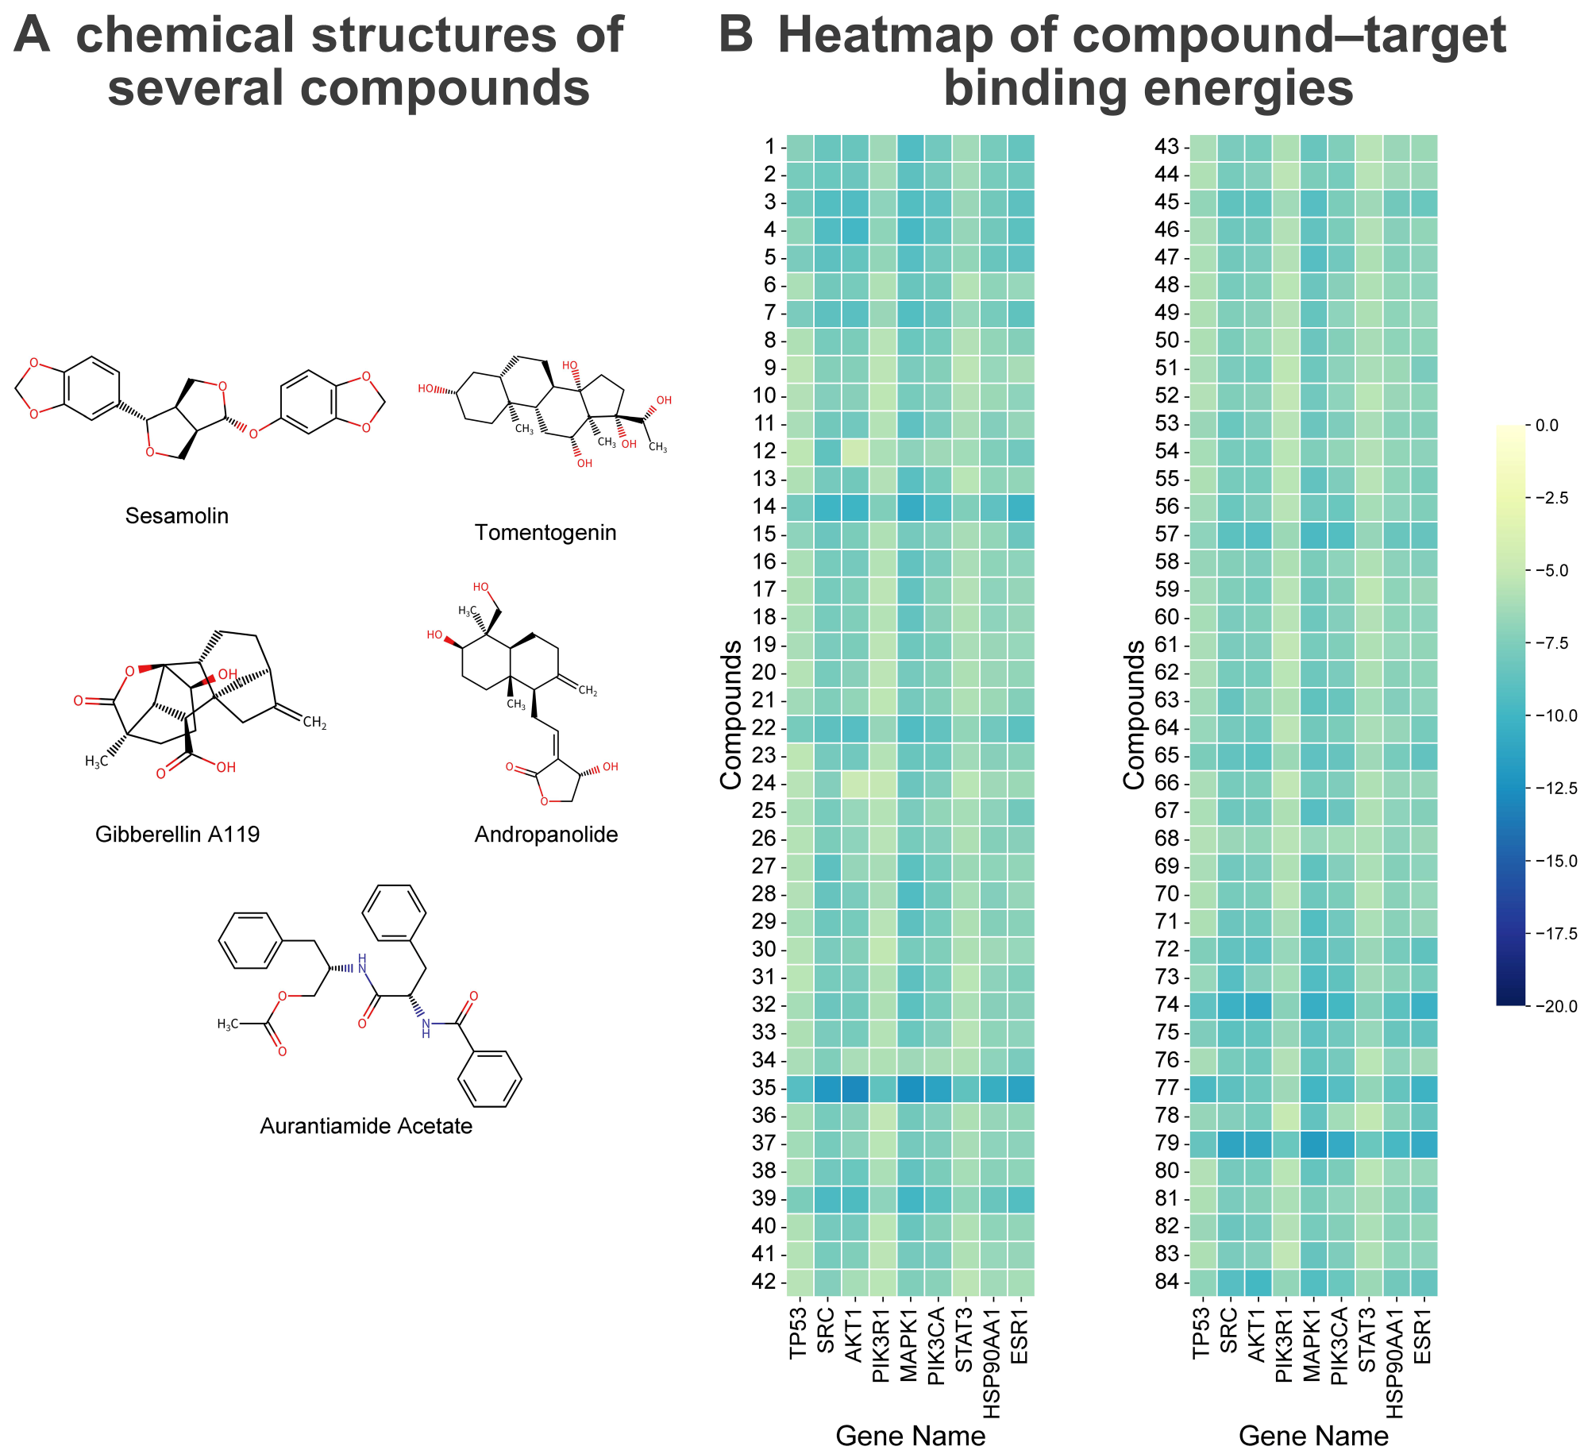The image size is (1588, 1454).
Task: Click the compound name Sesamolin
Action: point(177,516)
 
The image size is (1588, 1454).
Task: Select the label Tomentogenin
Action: point(545,533)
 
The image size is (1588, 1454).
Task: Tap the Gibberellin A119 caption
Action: point(177,835)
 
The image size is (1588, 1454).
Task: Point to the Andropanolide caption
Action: point(545,835)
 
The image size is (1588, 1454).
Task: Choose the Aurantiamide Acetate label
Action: point(366,1126)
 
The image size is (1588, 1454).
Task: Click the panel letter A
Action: point(32,36)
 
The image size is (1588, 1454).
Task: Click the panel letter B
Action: point(735,36)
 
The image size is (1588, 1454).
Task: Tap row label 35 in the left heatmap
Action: point(764,1088)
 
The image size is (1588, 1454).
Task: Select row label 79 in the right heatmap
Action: point(1166,1144)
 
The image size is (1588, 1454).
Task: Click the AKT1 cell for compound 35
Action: point(855,1088)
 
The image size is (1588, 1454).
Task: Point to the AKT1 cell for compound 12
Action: point(855,451)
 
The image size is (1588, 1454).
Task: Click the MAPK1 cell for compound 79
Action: point(1313,1144)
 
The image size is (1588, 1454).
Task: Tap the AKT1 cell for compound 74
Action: point(1258,1005)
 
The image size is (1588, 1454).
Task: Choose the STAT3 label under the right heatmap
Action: point(1367,1343)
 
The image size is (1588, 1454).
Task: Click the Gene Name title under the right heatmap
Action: point(1313,1436)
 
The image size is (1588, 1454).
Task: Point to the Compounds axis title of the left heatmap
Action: point(730,715)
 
